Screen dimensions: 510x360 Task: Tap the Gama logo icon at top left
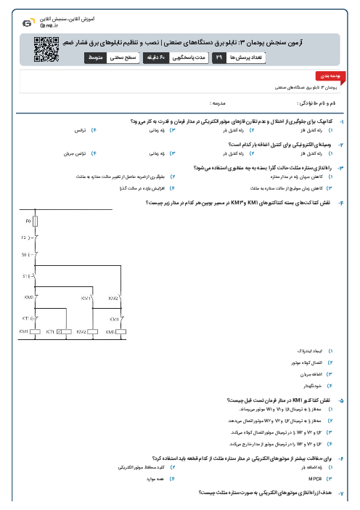tap(27, 23)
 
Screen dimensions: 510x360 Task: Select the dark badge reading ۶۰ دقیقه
tap(177, 56)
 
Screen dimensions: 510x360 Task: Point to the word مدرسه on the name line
tap(218, 105)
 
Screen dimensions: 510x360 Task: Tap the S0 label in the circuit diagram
tap(24, 255)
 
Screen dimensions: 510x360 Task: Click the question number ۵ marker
tap(342, 400)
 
